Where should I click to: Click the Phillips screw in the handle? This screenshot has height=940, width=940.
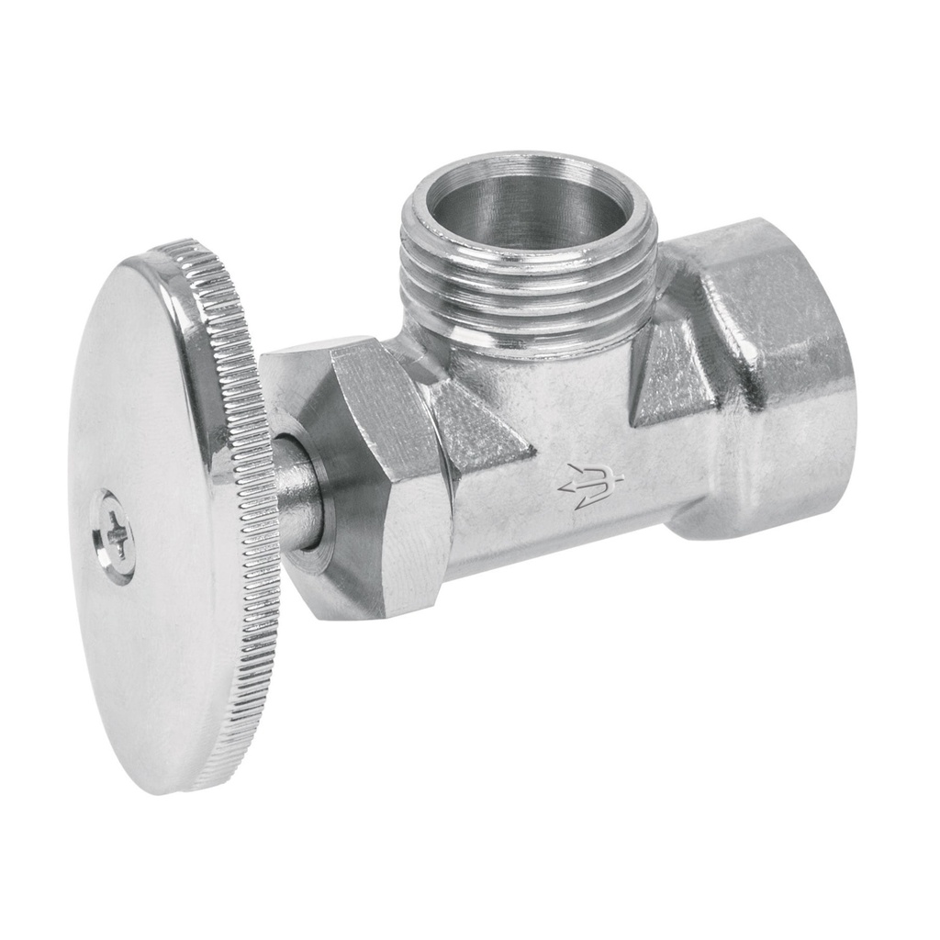[x=117, y=537]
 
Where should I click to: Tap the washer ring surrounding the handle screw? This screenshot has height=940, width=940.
[x=104, y=551]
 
